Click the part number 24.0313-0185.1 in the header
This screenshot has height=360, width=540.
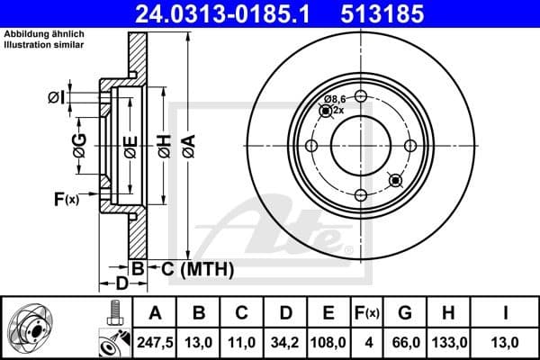[214, 13]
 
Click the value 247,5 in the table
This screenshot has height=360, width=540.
[155, 342]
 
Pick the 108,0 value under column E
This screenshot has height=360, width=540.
[328, 342]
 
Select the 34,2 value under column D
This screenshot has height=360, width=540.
[285, 342]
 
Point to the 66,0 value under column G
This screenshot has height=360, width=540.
[406, 342]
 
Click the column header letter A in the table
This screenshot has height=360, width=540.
[155, 313]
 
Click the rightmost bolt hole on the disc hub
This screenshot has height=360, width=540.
[410, 147]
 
